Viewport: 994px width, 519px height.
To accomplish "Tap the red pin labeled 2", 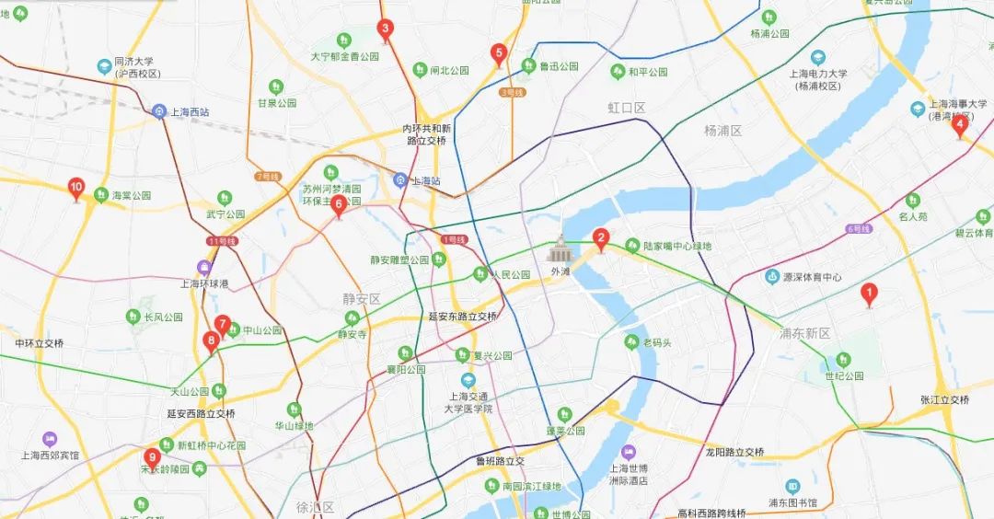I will tap(601, 239).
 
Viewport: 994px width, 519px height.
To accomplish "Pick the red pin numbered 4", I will tap(959, 124).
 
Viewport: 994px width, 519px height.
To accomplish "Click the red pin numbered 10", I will tap(76, 189).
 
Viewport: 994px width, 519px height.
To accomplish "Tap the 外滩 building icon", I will tap(560, 248).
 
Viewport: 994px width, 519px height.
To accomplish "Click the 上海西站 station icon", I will tap(159, 111).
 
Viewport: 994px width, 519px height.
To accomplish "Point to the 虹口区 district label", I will tap(626, 108).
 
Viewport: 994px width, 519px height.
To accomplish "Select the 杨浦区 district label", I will tap(722, 130).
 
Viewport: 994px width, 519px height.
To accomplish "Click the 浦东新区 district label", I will tap(804, 333).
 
